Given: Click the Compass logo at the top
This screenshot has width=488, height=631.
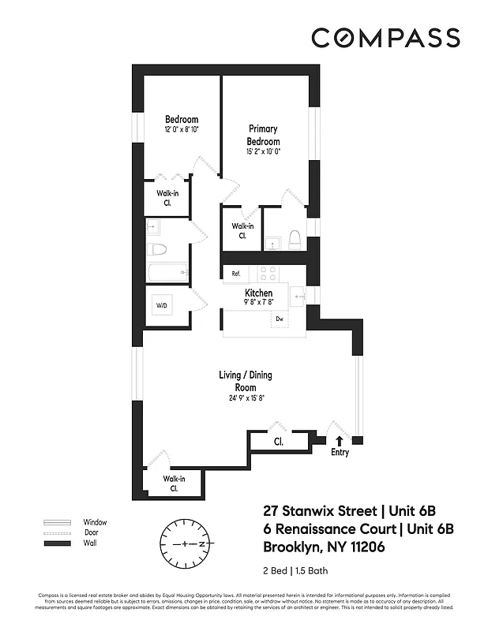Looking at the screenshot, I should (x=385, y=37).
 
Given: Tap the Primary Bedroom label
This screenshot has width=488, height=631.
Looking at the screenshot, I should (x=264, y=135).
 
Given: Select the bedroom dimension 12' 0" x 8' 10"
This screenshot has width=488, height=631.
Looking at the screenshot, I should (x=181, y=129).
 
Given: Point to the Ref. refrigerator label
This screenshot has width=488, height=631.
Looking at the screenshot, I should (x=235, y=274).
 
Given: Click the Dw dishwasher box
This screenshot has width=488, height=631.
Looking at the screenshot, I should (x=279, y=319).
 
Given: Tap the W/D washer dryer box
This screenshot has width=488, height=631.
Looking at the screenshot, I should (x=161, y=305).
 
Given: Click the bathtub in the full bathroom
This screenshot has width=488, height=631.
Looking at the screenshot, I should (x=167, y=273).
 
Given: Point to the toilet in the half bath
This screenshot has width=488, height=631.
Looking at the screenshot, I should (x=295, y=239).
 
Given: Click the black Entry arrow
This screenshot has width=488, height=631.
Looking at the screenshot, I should (x=340, y=441).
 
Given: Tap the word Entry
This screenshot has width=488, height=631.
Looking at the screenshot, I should (x=340, y=453).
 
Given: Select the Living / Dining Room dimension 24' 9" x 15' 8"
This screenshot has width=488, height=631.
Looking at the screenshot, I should (x=242, y=398).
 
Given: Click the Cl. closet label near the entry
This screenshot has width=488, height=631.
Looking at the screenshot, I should (x=279, y=442).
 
